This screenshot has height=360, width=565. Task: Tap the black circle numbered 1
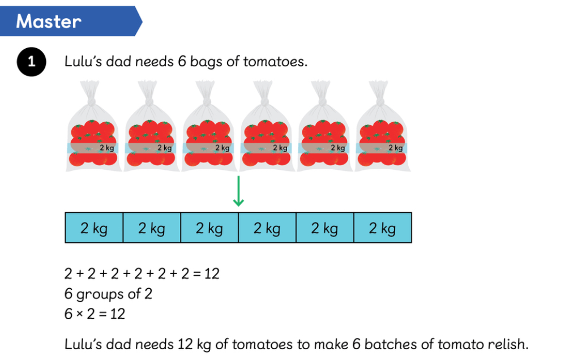[x=31, y=62]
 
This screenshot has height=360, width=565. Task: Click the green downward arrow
[x=238, y=191]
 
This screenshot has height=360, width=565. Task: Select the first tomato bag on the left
[x=93, y=126]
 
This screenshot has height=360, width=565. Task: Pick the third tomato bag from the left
[x=209, y=126]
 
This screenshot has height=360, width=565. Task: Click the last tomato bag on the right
[x=382, y=126]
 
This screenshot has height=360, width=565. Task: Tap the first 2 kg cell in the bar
[x=94, y=228]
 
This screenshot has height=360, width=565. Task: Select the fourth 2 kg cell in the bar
[x=267, y=228]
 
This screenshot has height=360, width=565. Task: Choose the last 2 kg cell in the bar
[x=383, y=228]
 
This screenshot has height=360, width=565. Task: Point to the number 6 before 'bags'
[x=182, y=62]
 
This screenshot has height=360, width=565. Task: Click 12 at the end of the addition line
[x=212, y=274]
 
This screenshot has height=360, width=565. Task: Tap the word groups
[x=100, y=294]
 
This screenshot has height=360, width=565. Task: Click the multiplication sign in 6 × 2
[x=80, y=314]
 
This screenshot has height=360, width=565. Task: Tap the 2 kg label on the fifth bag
[x=338, y=148]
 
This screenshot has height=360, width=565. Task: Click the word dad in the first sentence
[x=118, y=62]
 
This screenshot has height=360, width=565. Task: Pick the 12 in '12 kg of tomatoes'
[x=185, y=344]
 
